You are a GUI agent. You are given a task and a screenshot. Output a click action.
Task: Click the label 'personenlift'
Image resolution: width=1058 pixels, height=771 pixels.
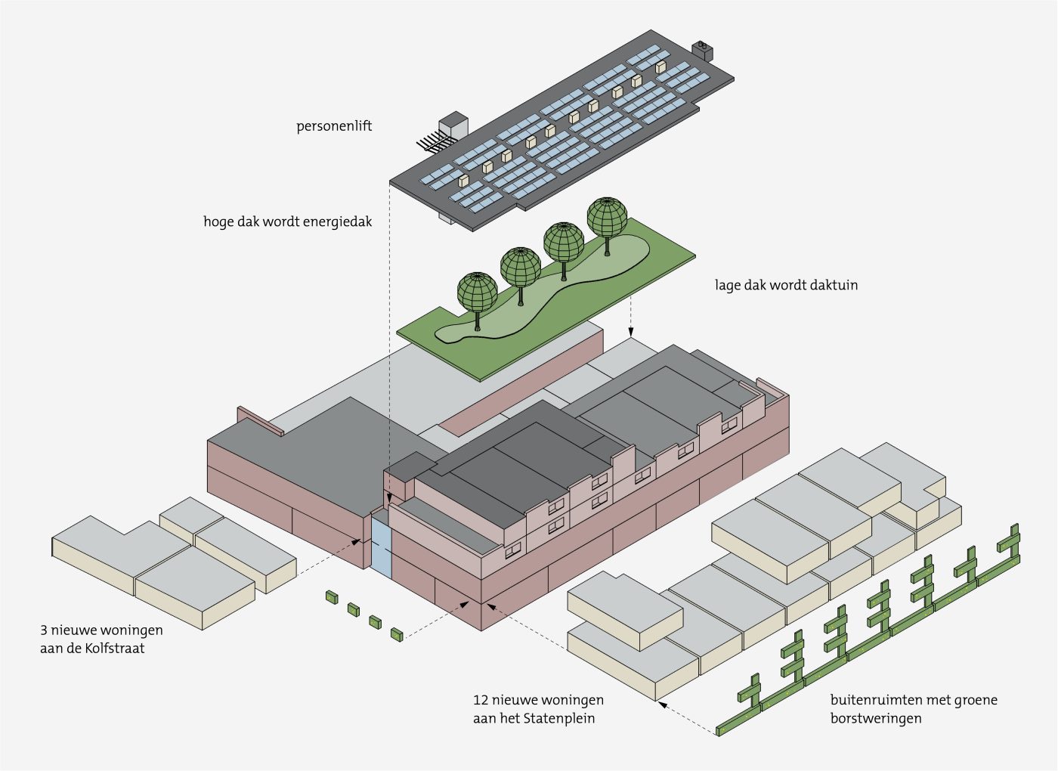pos(334,126)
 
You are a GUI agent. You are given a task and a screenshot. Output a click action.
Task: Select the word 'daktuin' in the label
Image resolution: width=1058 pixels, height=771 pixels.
pos(833,286)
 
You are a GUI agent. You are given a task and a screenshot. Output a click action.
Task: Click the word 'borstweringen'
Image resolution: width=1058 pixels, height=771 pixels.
pos(875,719)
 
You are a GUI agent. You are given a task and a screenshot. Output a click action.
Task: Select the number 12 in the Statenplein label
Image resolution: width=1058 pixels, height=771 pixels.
pos(481,700)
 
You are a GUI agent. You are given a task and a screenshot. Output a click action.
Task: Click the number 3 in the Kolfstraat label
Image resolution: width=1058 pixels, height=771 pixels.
pos(44,630)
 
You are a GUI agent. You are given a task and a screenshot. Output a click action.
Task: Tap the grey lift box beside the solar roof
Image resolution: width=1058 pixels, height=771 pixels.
pos(453,125)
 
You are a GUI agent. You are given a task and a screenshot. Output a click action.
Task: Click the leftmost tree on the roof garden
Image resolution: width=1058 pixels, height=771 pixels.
pos(478,295)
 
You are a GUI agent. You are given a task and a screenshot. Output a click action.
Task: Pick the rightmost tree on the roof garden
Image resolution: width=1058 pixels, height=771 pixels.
pos(607,218)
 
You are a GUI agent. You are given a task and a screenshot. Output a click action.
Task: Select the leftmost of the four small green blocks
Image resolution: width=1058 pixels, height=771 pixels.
pos(331,597)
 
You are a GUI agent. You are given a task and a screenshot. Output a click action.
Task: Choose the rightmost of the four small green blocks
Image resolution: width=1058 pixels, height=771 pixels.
pos(397,634)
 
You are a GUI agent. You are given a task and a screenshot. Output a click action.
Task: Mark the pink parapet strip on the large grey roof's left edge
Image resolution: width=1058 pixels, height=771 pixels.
pos(260,421)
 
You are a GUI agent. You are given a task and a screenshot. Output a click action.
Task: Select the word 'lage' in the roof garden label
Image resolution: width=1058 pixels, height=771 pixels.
pos(728,286)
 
